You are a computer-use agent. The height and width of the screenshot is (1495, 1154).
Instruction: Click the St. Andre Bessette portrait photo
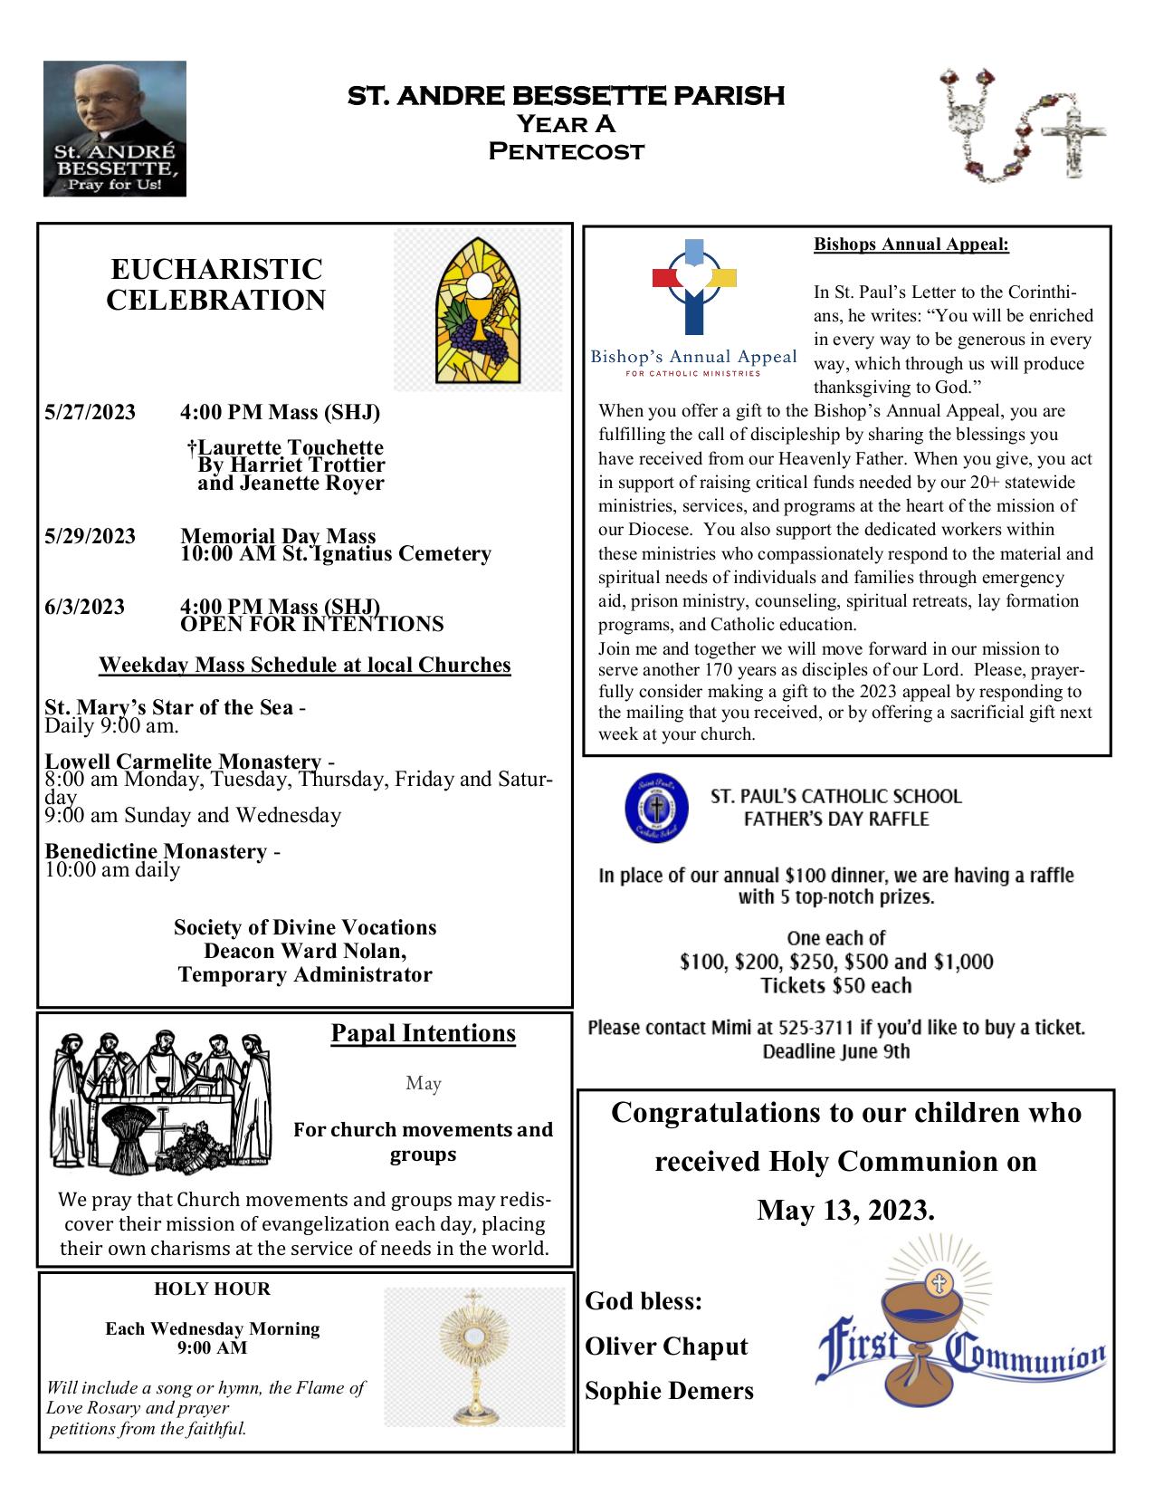pos(114,128)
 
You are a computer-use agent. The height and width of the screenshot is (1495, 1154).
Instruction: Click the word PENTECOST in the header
pos(567,150)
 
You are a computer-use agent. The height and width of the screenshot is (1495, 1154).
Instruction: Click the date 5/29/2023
pos(90,536)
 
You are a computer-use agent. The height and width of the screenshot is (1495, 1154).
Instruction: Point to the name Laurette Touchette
pos(286,447)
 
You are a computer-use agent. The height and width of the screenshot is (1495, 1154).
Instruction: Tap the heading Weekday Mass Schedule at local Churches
pos(304,665)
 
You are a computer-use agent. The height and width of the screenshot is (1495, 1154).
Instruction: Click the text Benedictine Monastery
pos(157,851)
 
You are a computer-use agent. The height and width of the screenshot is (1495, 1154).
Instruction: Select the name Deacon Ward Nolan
pos(305,951)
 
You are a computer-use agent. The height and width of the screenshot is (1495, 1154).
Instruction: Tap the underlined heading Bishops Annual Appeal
pos(911,244)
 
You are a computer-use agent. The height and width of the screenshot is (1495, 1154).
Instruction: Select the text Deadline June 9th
pos(835,1052)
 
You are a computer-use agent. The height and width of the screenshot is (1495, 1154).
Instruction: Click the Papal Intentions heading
pos(423,1033)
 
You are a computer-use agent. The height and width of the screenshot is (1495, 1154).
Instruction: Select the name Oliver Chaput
pos(667,1346)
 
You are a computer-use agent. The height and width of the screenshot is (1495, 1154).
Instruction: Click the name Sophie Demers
pos(669,1390)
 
